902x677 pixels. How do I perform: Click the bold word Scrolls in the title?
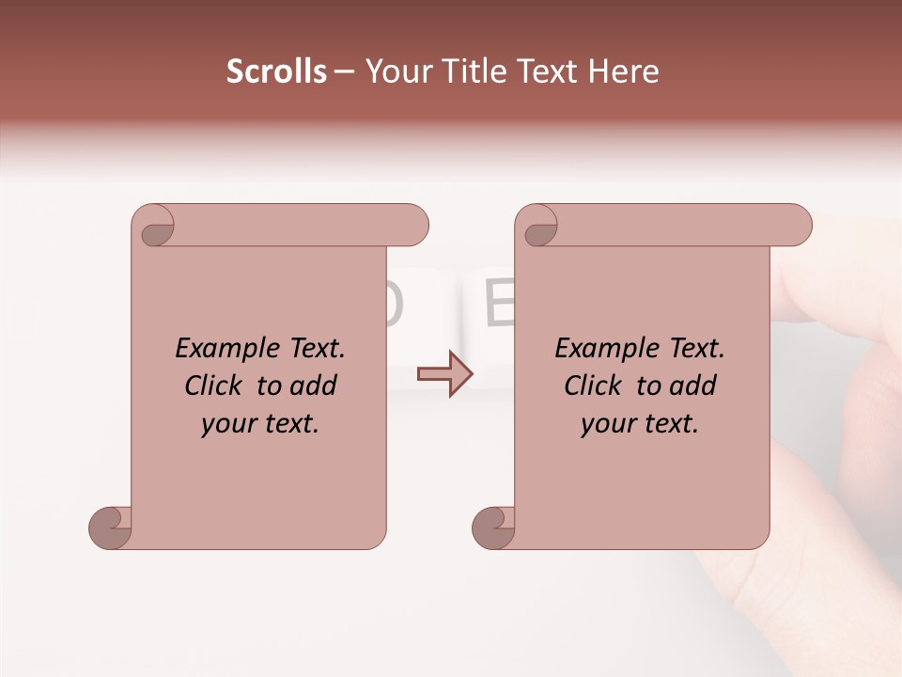[x=276, y=71]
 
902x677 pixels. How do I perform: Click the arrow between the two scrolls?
[x=444, y=374]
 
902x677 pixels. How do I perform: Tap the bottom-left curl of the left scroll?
[x=111, y=527]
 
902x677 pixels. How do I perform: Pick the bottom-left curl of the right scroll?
[x=494, y=527]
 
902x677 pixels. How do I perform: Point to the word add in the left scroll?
[x=315, y=386]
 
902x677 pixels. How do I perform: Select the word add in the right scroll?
[x=694, y=386]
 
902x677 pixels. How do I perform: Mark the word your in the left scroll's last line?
[x=226, y=425]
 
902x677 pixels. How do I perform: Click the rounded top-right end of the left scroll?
[x=413, y=226]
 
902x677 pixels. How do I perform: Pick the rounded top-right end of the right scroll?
[x=797, y=226]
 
